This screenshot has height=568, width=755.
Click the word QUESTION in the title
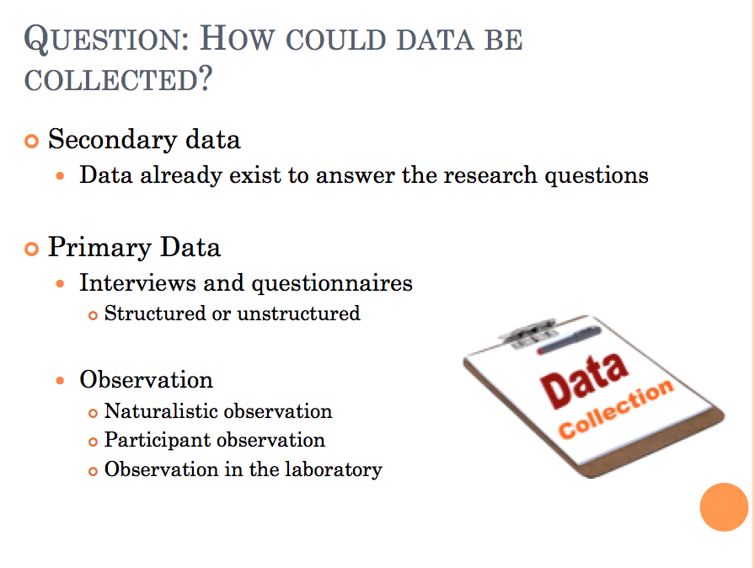[106, 40]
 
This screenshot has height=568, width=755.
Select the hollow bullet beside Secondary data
[31, 142]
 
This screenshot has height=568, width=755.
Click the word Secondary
[113, 140]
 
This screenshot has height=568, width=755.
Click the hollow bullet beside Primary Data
[31, 249]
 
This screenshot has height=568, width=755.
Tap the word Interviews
[137, 282]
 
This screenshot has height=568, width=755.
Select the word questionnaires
[332, 283]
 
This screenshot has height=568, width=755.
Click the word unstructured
[298, 313]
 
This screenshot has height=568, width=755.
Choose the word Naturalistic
[160, 411]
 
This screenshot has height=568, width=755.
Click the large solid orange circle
[724, 507]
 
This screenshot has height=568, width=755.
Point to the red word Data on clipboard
[584, 381]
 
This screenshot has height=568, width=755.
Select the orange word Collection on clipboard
[615, 409]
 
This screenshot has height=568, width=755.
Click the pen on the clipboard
[569, 340]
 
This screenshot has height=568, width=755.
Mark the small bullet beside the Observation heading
[60, 381]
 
